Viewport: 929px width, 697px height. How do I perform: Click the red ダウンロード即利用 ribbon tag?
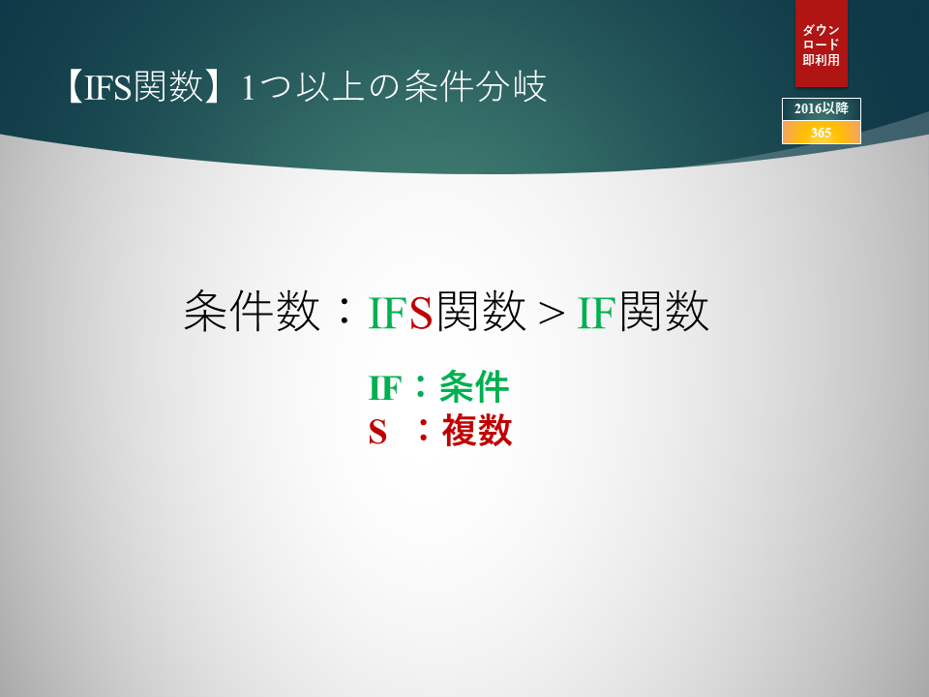822,44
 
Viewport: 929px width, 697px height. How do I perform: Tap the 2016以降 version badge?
822,109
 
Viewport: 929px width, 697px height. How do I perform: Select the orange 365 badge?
822,133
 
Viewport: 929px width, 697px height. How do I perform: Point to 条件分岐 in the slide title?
475,87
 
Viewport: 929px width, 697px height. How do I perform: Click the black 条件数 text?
252,311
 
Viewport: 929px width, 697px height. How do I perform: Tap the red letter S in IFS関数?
421,313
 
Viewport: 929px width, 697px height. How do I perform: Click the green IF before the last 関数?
597,313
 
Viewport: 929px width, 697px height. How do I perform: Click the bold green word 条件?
474,387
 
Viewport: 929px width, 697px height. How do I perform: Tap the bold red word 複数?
477,430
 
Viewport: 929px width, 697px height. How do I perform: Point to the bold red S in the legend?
377,432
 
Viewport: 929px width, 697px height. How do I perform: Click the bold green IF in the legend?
385,389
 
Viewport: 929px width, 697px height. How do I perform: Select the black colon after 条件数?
344,313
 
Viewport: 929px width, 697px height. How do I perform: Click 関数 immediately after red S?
481,311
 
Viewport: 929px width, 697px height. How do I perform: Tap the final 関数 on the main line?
664,311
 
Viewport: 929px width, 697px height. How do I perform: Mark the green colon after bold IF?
421,387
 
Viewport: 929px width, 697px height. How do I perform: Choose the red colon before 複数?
423,431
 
